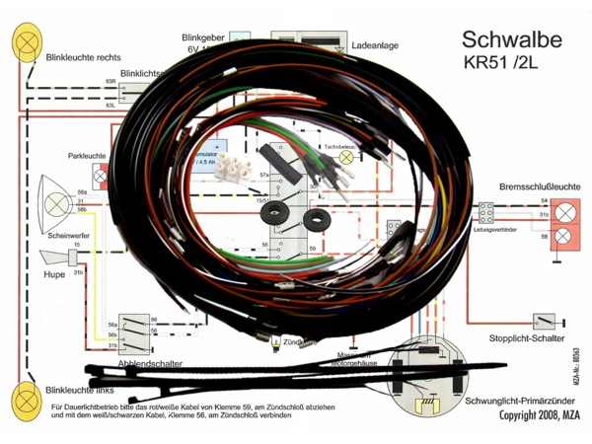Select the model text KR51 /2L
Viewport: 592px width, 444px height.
(504, 66)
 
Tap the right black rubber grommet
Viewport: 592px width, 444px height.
(318, 220)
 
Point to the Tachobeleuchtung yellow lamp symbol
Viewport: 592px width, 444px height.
(345, 157)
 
